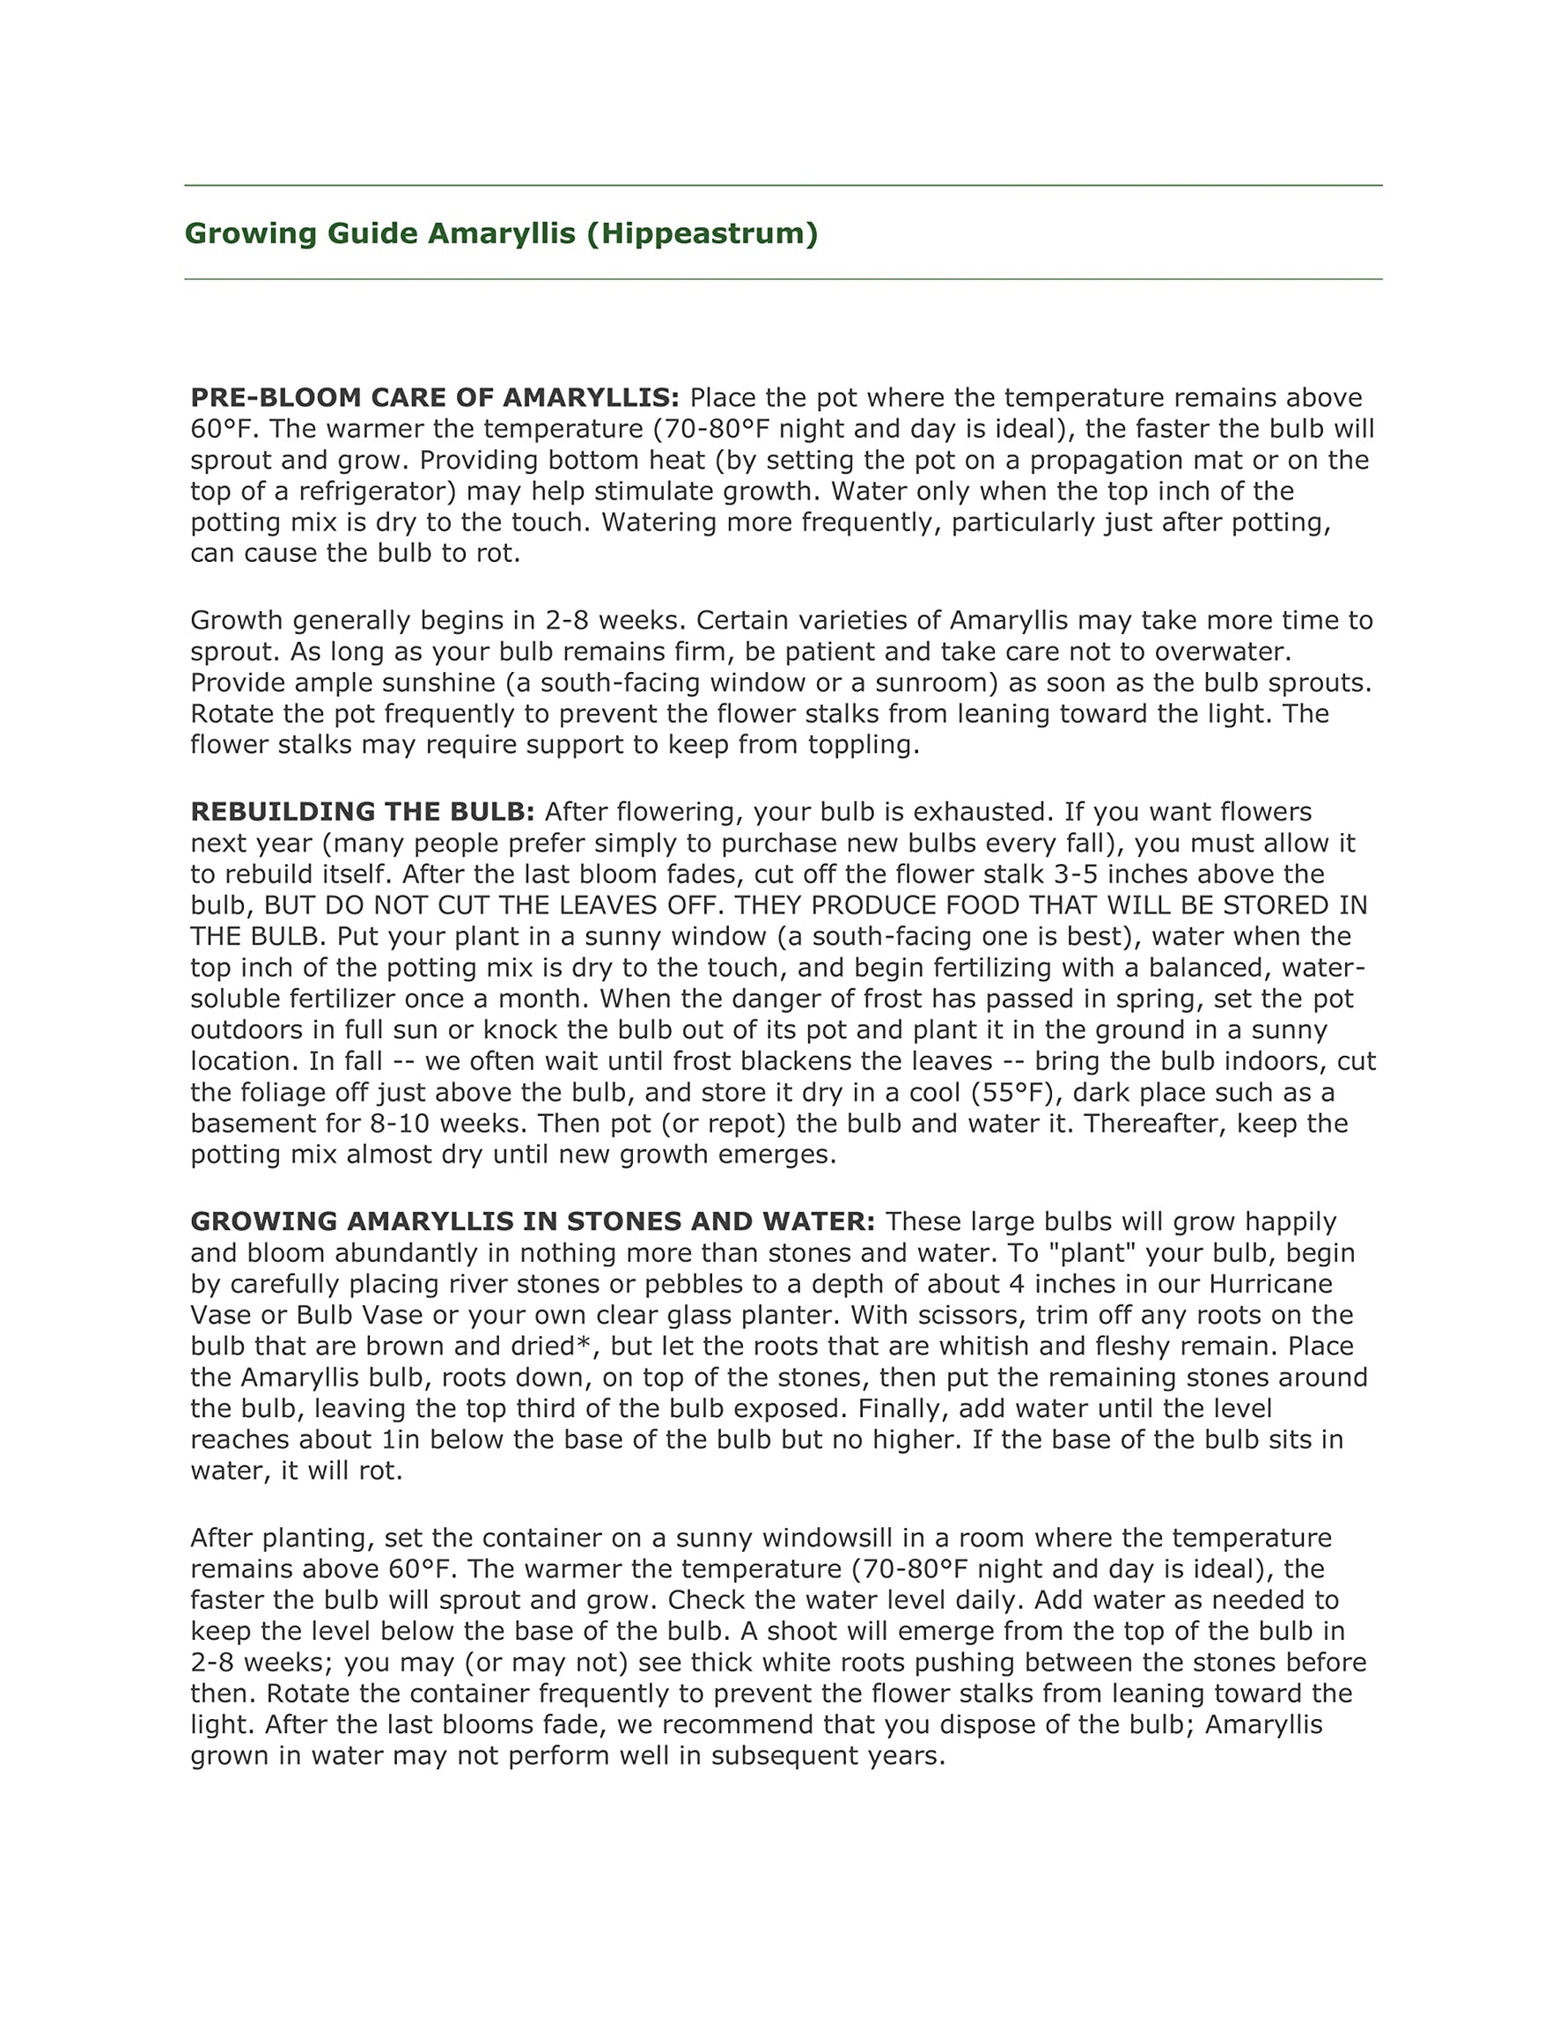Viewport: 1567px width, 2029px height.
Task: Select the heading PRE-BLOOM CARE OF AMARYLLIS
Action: [x=435, y=398]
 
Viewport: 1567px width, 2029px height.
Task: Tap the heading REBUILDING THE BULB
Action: [x=362, y=812]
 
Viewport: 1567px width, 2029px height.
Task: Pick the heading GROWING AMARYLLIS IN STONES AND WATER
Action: [x=533, y=1221]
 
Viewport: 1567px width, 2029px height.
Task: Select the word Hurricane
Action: [x=1270, y=1284]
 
